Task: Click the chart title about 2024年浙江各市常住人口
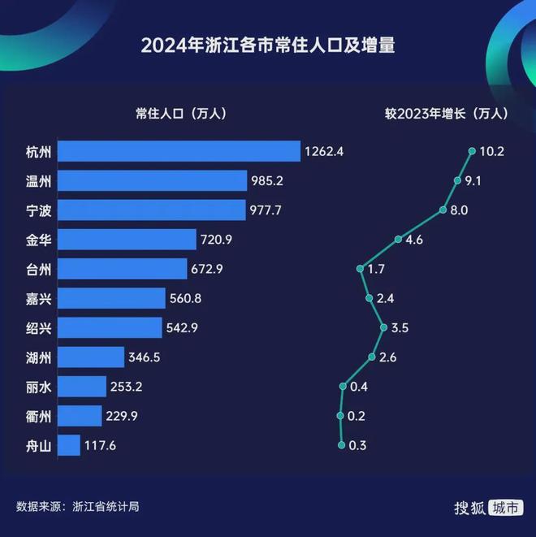click(268, 45)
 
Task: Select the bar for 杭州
click(179, 151)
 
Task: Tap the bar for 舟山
click(69, 445)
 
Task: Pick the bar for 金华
click(128, 239)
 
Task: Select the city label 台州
click(38, 269)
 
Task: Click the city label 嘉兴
click(38, 298)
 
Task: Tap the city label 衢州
click(38, 416)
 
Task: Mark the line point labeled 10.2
click(472, 151)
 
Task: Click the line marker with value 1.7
click(359, 269)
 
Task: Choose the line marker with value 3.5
click(383, 327)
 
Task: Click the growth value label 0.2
click(357, 416)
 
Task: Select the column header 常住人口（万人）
click(180, 114)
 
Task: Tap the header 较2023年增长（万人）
click(447, 114)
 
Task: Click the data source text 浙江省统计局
click(106, 506)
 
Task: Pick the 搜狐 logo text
click(469, 507)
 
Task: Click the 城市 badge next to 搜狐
click(506, 507)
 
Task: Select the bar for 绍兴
click(110, 327)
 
